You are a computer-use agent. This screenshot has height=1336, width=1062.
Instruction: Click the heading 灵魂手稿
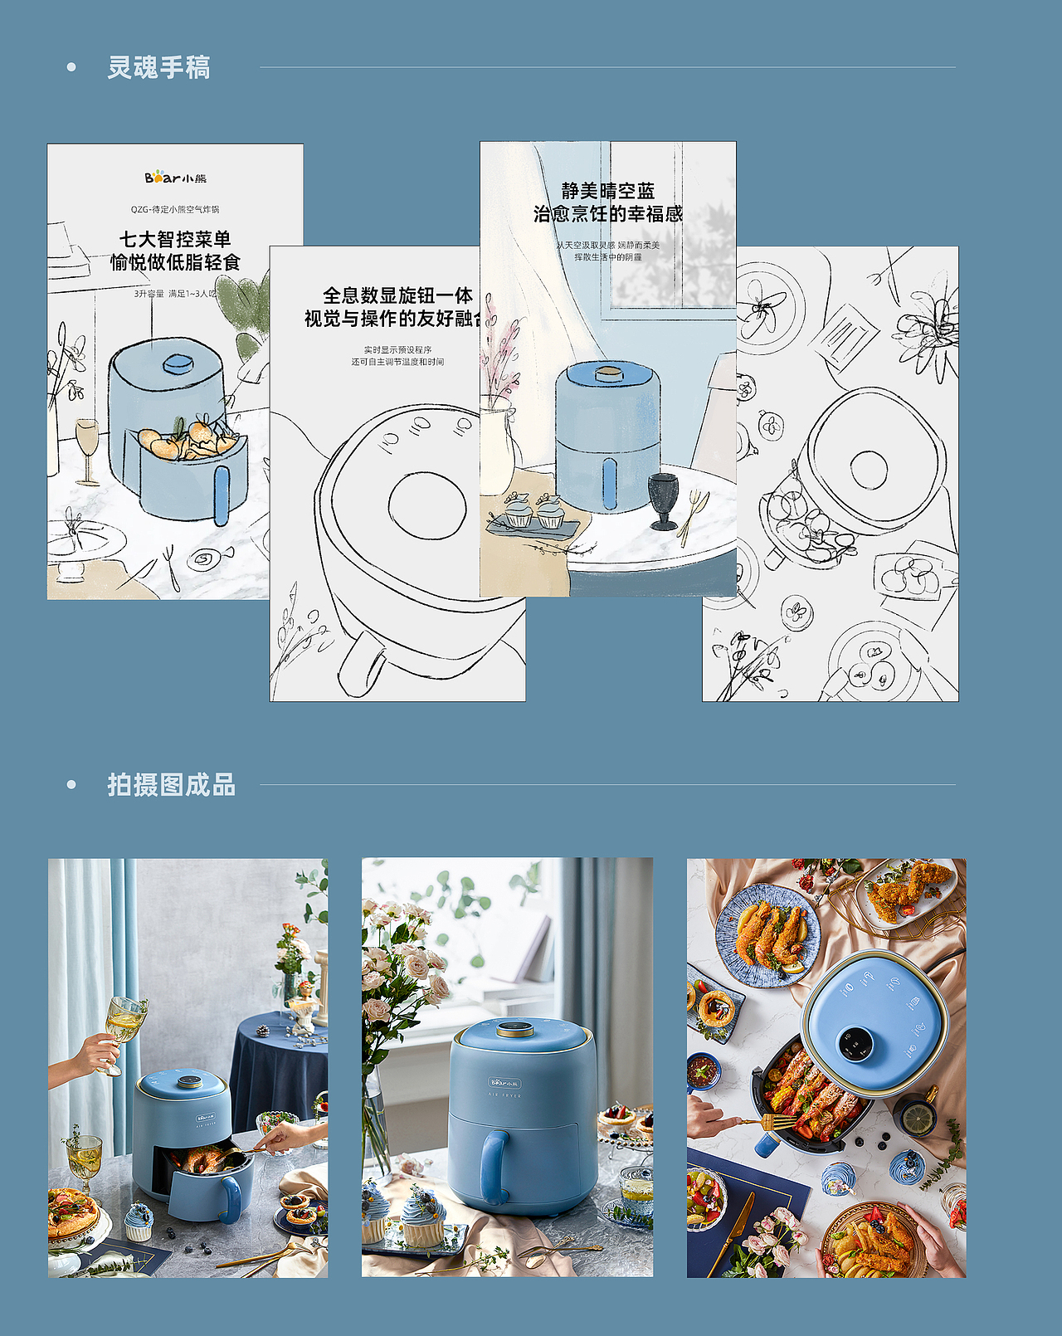(x=158, y=67)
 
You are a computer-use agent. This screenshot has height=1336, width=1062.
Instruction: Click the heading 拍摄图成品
(x=171, y=784)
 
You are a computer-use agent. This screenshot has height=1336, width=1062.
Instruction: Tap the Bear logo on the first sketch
(x=175, y=178)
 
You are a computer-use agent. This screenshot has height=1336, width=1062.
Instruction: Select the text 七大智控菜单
(x=175, y=239)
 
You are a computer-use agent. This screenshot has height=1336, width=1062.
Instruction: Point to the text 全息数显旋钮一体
(x=397, y=295)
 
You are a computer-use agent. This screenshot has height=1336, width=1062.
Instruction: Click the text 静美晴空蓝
(x=608, y=191)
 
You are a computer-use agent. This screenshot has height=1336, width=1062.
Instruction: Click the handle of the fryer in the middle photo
(x=494, y=1167)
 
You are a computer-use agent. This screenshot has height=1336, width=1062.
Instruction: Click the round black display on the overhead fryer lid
(x=855, y=1043)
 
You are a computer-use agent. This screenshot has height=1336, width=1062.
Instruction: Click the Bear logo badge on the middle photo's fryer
(x=504, y=1082)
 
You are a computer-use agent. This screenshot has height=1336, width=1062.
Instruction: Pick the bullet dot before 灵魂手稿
(x=71, y=67)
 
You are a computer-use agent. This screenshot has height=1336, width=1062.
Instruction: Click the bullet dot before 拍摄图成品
(x=71, y=784)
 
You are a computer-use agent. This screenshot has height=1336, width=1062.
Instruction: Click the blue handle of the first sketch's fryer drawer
(x=222, y=495)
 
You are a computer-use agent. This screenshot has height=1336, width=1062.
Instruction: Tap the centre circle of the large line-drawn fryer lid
(x=427, y=505)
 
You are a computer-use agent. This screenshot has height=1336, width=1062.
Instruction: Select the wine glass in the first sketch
(x=87, y=449)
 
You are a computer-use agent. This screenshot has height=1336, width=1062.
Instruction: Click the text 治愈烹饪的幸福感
(x=608, y=214)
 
